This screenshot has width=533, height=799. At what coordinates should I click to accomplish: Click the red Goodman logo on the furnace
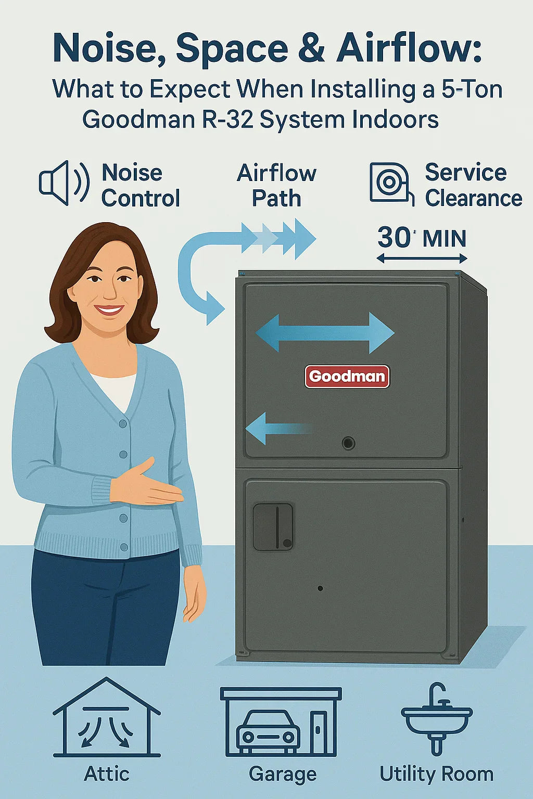click(x=347, y=376)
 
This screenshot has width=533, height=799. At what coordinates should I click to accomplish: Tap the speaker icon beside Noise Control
click(x=63, y=183)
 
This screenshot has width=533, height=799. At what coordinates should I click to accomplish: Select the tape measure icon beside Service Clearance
click(x=390, y=183)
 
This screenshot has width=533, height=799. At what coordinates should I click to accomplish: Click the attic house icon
click(x=107, y=717)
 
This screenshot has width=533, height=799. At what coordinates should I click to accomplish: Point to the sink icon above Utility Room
click(x=437, y=718)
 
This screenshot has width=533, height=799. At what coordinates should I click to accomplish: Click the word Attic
click(x=107, y=774)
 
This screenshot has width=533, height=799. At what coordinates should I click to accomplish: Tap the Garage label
click(x=283, y=774)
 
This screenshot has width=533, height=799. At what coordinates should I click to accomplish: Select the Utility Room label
click(x=437, y=774)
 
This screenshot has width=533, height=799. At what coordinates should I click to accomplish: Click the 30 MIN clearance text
click(x=422, y=238)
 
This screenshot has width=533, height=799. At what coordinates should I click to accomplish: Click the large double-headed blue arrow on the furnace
click(x=325, y=333)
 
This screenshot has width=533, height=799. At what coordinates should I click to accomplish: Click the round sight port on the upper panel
click(x=348, y=443)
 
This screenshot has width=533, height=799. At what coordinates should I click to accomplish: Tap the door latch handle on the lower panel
click(x=273, y=526)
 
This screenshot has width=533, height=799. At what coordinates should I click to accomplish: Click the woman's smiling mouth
click(x=109, y=310)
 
